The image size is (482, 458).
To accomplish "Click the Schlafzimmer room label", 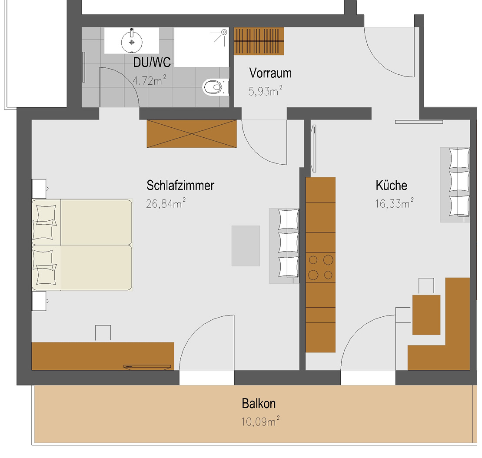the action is coord(180,186).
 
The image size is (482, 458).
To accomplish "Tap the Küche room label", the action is coord(391,186).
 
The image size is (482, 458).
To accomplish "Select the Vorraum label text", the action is coord(270,73).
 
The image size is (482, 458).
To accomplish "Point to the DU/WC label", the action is coord(152,63).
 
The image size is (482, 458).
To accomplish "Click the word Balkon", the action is coord(259,403).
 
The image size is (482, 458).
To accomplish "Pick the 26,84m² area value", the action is coord(166,203).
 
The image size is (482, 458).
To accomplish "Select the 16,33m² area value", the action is coord(394,203).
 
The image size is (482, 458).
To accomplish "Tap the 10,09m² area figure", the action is coord(260,421).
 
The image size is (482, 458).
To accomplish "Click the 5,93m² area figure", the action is coord(265,91).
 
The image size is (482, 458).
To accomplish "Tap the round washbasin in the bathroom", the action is coord(132,41).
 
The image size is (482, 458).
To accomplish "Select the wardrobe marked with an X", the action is coord(192,134).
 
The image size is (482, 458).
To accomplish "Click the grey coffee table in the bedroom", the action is coord(246,246).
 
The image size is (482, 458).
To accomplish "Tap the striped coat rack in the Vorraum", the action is coord(259,41).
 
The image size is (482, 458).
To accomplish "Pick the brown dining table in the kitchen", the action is coord(426,315).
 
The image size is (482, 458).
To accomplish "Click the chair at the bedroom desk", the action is coord(103,333).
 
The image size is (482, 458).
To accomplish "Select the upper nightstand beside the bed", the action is coord(39,189).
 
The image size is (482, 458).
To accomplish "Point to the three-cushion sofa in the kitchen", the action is coord(455,185).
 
